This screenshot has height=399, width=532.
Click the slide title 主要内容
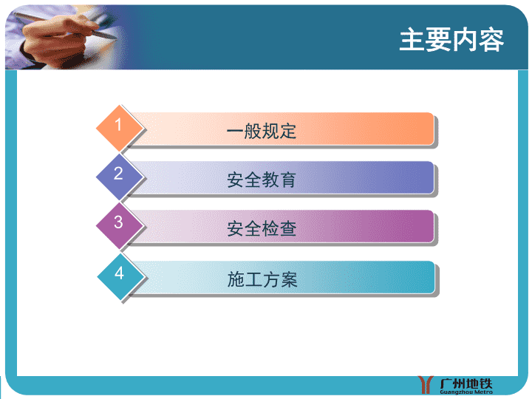(451, 40)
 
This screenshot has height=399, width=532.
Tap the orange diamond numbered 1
(120, 128)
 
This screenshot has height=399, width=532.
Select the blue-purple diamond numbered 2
(120, 177)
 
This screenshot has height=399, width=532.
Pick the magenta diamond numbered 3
(120, 225)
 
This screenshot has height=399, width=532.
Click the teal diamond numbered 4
(120, 276)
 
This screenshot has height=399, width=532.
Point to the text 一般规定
(262, 131)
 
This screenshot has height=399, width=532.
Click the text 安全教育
(262, 180)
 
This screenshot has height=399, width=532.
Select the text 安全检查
(262, 228)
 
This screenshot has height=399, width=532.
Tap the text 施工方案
(262, 279)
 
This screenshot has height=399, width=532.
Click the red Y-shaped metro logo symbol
(426, 385)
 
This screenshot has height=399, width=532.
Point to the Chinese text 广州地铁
(465, 383)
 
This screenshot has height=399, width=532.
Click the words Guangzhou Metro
(466, 392)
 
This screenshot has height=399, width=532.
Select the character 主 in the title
(412, 40)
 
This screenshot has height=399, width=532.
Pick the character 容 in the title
(491, 41)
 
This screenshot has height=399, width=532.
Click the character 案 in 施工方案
(289, 279)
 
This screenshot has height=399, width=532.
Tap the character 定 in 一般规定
(288, 131)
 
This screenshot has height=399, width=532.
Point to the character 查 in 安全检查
(288, 228)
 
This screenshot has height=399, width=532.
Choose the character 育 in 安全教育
(288, 180)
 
